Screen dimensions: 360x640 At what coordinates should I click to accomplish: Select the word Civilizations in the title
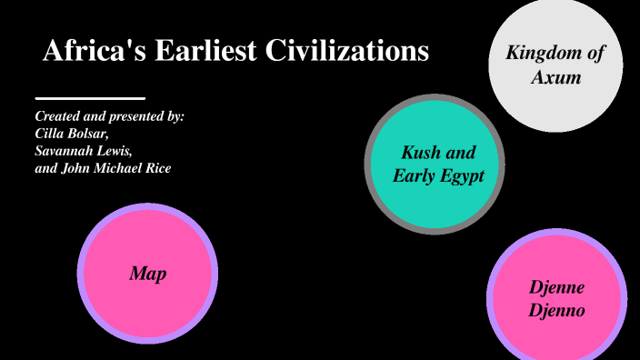(x=347, y=52)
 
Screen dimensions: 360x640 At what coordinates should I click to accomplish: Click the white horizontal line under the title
(x=90, y=97)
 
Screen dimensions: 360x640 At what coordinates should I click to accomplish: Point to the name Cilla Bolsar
(x=71, y=134)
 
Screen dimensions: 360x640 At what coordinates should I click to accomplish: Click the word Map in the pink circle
(x=147, y=273)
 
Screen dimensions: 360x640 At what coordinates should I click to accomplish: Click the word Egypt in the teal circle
(x=461, y=175)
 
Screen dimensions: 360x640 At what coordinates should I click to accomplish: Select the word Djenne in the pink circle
(x=556, y=287)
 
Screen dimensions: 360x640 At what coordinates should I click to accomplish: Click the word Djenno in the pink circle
(x=556, y=310)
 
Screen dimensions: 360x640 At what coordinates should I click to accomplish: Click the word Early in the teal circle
(x=414, y=175)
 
